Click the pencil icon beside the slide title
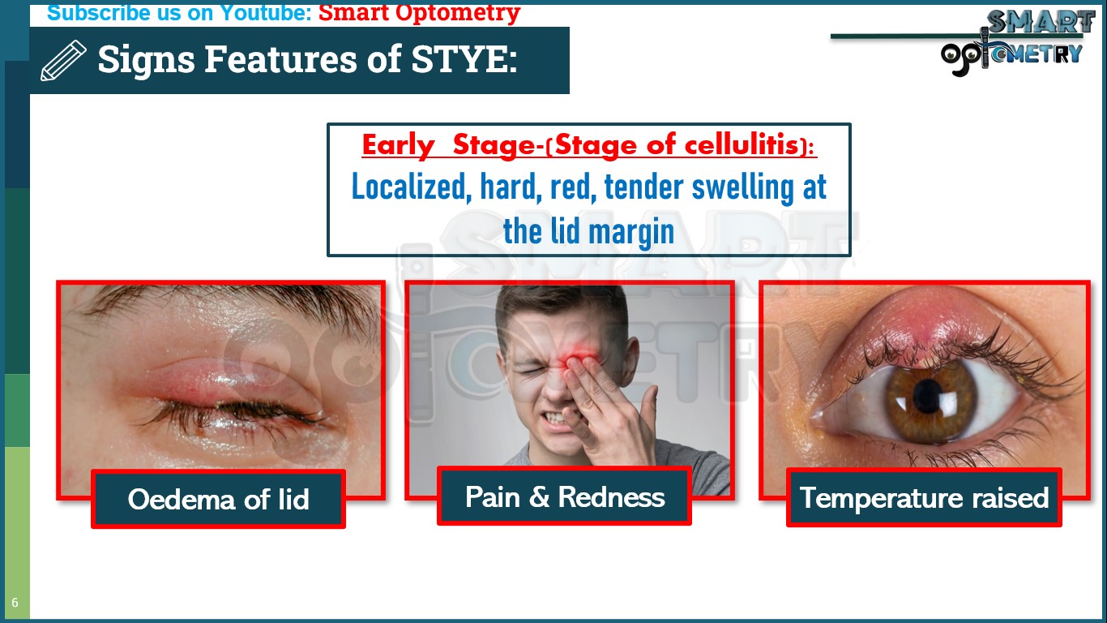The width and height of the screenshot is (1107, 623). point(63,61)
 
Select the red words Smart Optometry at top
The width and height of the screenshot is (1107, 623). point(419,13)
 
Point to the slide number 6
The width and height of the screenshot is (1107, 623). point(15,603)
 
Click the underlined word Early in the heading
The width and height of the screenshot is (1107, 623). point(398,145)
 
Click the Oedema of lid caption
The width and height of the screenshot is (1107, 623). point(218,499)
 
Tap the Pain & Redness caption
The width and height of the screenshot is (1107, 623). point(564,496)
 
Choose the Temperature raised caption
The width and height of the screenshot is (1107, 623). point(924,497)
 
